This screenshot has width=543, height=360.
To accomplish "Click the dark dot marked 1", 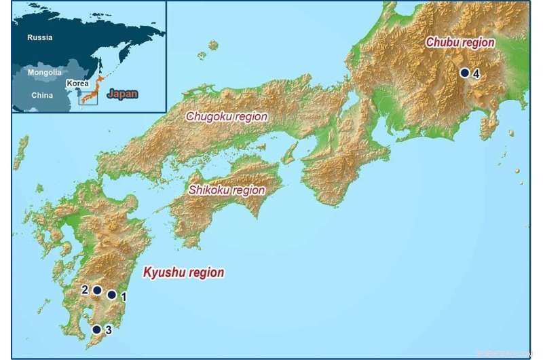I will pos(112,295).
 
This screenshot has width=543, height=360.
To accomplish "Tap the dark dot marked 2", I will pos(97,290).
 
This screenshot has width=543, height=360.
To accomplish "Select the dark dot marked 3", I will pos(96,329).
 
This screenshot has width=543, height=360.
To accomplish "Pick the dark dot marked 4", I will pos(464,73).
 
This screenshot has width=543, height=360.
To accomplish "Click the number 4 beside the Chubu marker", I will pos(476,73).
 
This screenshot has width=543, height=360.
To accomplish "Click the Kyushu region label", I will pos(183,273).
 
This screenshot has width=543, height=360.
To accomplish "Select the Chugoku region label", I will pos(227,117).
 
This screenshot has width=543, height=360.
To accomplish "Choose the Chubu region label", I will pos(460,42).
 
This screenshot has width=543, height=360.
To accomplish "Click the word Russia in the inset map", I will pos(40,38).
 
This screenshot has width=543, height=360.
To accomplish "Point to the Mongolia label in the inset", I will pos(44,72).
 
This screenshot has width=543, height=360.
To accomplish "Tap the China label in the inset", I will pos(41,95).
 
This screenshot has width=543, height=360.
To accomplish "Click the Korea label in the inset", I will pos(77,83).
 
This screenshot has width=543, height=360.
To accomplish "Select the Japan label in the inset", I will pos(123,94).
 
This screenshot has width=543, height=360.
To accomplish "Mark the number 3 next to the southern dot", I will pos(109,330).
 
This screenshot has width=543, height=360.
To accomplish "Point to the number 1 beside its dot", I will pos(124,296).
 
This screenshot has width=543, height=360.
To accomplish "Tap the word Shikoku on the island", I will pos(212,190).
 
